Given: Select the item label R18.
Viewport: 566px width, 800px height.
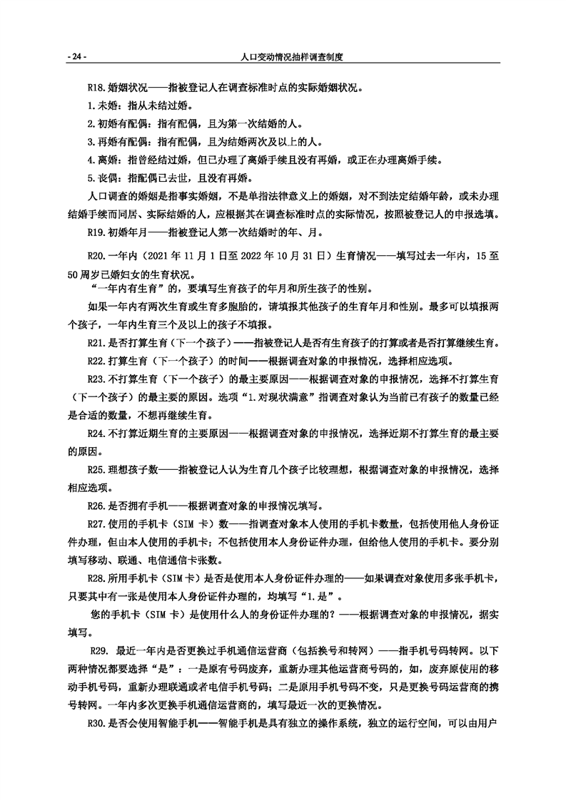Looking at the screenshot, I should pos(96,89).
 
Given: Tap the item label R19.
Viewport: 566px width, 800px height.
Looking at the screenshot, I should pos(96,232).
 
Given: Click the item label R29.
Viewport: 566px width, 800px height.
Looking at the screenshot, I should pos(98,650).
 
